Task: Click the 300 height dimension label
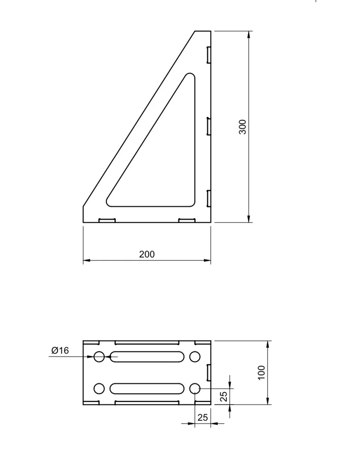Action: point(242,127)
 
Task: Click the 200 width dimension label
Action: point(147,254)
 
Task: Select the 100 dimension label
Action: point(261,373)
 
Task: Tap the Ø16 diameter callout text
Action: point(60,350)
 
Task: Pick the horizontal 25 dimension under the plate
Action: point(202,417)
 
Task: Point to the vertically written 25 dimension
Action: point(224,396)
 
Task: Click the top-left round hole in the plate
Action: point(99,357)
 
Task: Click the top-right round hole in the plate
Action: point(195,357)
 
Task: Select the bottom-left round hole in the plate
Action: point(99,389)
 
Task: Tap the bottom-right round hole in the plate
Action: point(195,389)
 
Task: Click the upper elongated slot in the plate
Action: point(147,357)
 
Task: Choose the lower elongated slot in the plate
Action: point(147,389)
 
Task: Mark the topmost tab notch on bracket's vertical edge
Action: point(209,55)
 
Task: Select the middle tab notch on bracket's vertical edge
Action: point(209,126)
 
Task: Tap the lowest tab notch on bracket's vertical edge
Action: point(209,198)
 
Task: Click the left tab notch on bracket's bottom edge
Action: point(107,221)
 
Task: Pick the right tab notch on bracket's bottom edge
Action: point(187,221)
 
